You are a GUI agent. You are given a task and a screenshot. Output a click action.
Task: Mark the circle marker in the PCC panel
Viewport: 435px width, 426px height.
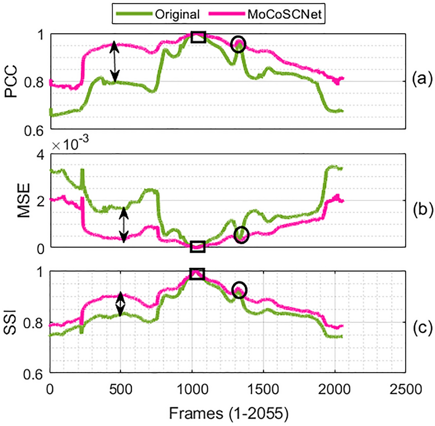coord(238,44)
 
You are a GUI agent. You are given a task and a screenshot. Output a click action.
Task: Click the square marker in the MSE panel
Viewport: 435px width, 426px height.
coord(198,246)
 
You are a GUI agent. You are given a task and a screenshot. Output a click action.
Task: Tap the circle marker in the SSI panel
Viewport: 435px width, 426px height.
coord(240,290)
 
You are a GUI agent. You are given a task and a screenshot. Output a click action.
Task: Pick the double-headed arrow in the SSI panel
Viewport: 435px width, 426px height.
coord(120,304)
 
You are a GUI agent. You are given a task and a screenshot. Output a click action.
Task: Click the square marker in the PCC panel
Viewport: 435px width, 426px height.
coord(198,37)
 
